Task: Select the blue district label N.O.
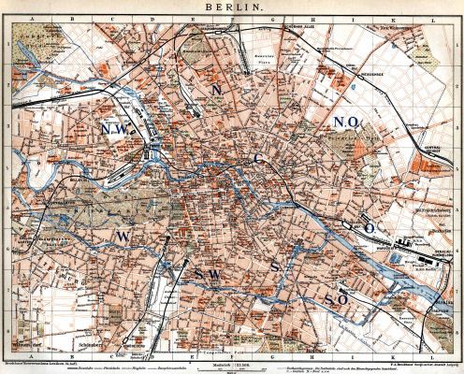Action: tap(348, 123)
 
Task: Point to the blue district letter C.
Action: tap(258, 159)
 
